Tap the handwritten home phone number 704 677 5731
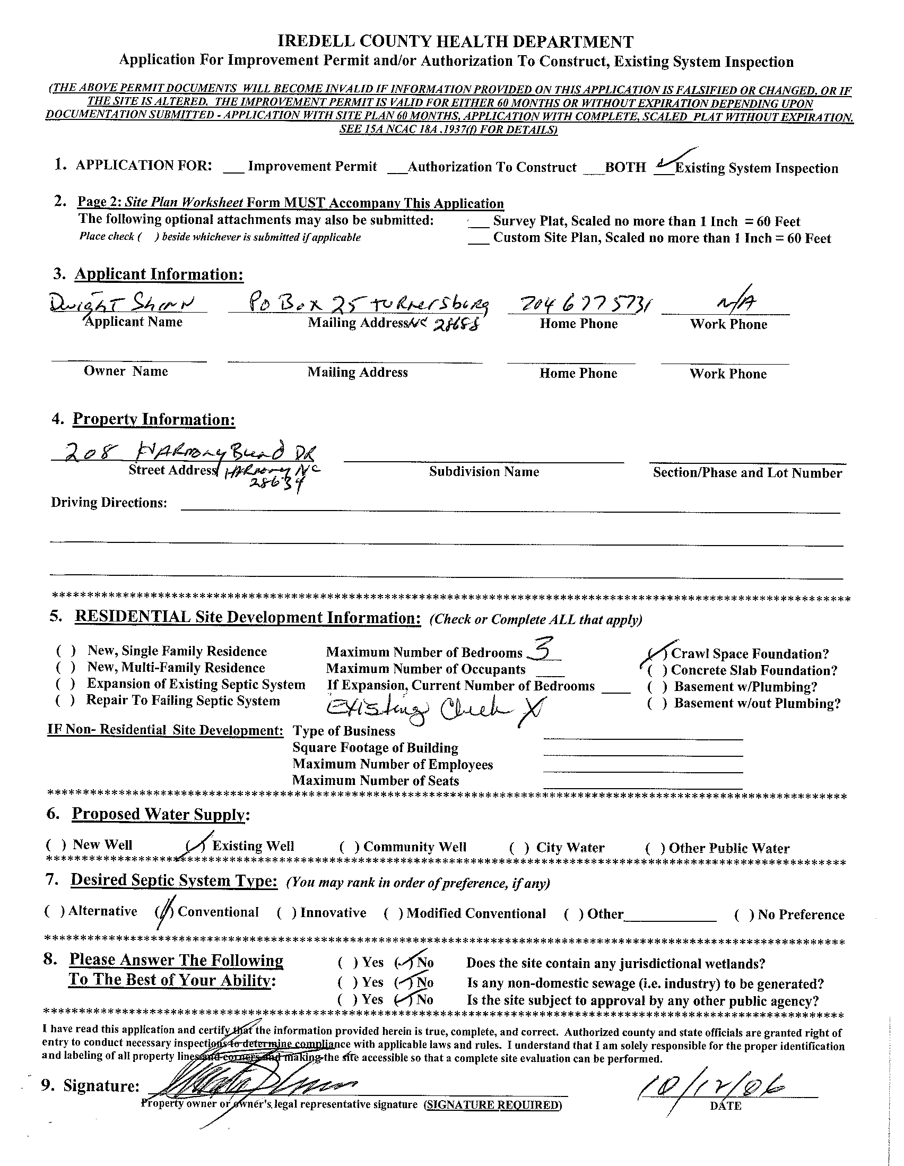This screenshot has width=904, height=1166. click(578, 304)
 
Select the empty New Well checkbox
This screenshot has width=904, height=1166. click(56, 844)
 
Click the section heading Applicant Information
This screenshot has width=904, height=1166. click(159, 274)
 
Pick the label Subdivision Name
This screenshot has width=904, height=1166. click(483, 471)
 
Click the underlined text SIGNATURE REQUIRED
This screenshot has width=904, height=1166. click(492, 1104)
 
